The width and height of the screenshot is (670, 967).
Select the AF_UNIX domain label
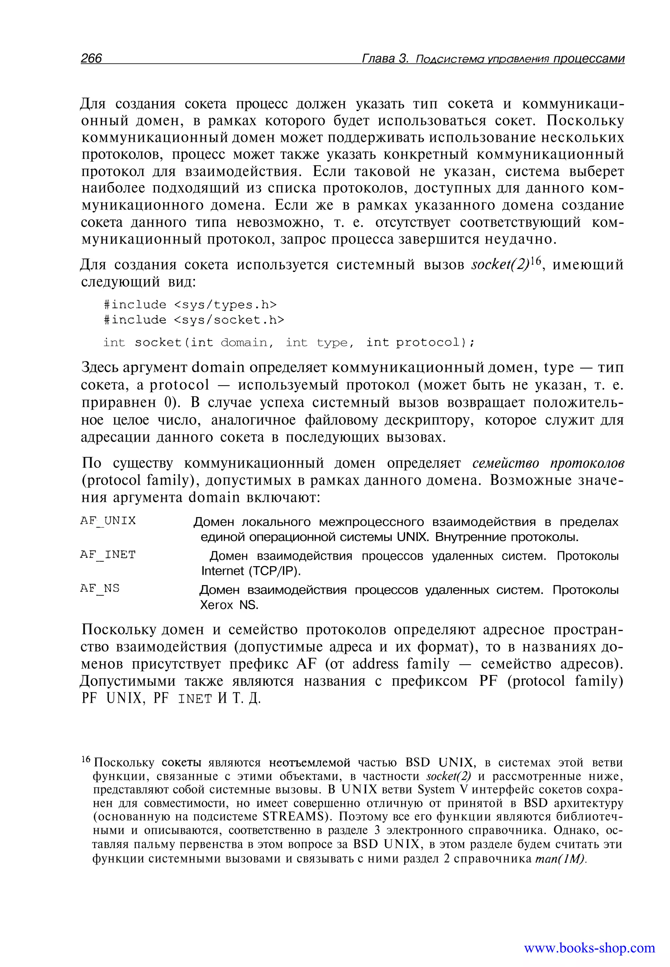coord(108,521)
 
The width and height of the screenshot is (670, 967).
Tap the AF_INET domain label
coord(108,555)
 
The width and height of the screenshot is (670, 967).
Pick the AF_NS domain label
coord(100,589)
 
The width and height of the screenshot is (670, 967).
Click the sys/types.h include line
coord(190,304)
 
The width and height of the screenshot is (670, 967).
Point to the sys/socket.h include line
coord(194,320)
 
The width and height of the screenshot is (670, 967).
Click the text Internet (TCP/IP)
coord(251,571)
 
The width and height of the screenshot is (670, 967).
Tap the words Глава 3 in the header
coord(384,58)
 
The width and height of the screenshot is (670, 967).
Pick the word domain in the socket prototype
coord(244,343)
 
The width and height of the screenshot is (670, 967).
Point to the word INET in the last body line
coord(195,699)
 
